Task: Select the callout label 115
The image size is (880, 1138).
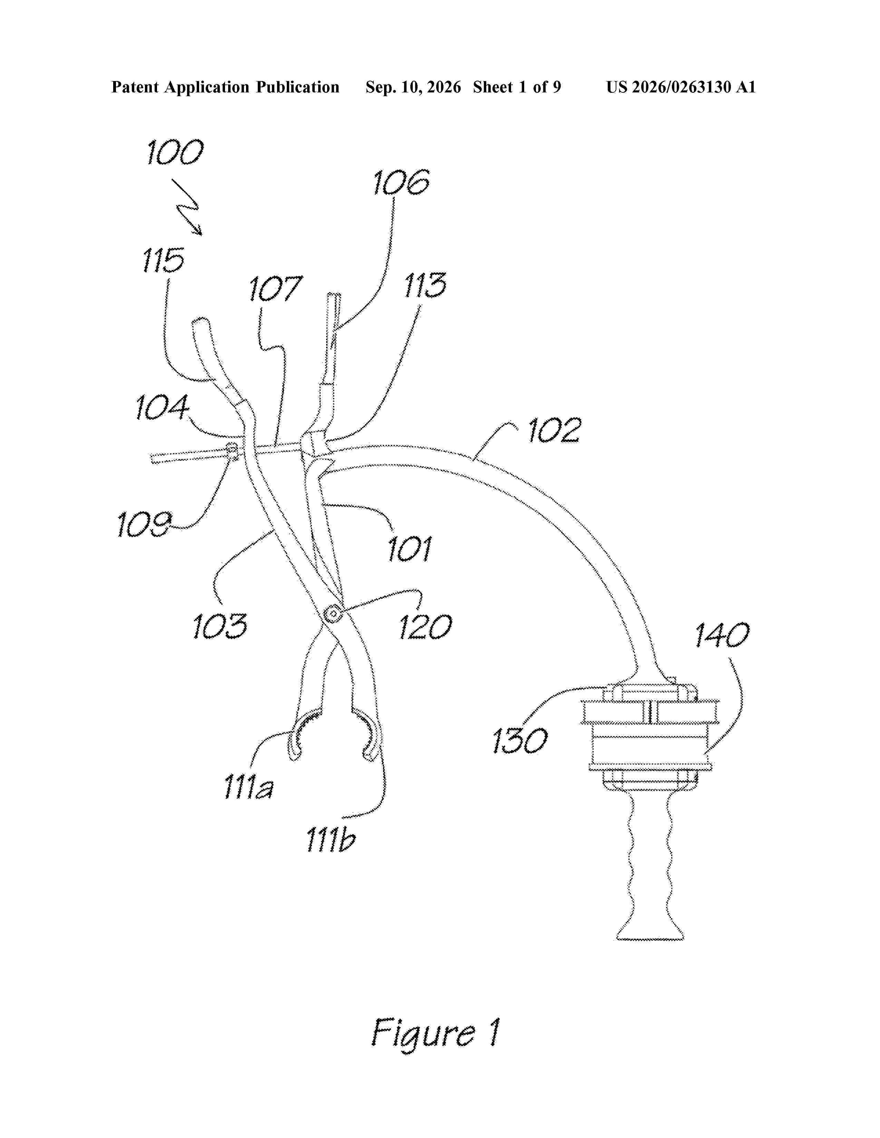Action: coord(163,260)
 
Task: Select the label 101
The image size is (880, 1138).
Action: coord(409,549)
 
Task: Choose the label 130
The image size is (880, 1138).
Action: coord(520,740)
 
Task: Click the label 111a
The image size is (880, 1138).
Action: coord(248,787)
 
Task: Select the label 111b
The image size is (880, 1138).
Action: coord(331,840)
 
